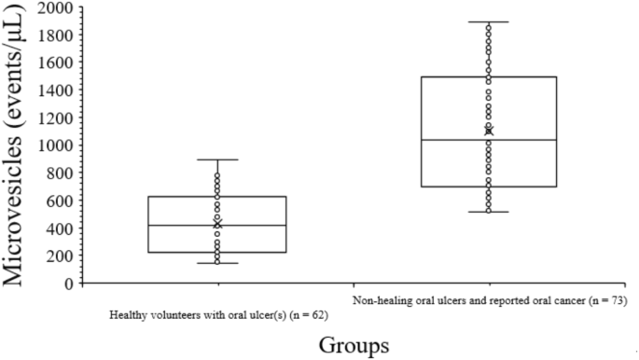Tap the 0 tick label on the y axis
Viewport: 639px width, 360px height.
pos(68,284)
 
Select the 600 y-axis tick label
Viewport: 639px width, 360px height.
pos(61,201)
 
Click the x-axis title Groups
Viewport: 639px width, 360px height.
pos(354,345)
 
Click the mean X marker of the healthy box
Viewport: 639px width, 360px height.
pos(217,224)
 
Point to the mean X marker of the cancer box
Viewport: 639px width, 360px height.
pos(489,131)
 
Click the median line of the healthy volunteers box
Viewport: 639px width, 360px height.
pos(217,225)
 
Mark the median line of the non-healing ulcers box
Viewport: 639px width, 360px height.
pos(489,140)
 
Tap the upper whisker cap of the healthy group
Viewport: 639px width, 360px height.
pos(217,159)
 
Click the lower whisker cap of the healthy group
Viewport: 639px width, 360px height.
pos(217,263)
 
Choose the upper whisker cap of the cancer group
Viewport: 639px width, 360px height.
pos(489,21)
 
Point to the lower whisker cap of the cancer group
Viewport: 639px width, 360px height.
pos(489,212)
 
